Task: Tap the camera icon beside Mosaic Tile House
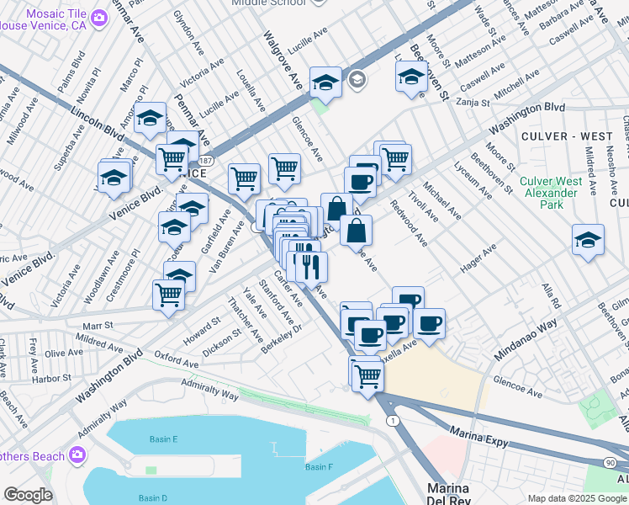pyautogui.click(x=100, y=18)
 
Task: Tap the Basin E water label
pyautogui.click(x=164, y=439)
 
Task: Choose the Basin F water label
pyautogui.click(x=319, y=467)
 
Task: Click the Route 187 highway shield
pyautogui.click(x=206, y=159)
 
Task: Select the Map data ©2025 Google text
pyautogui.click(x=576, y=498)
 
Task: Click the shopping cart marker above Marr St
pyautogui.click(x=169, y=295)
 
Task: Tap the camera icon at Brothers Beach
pyautogui.click(x=77, y=455)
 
